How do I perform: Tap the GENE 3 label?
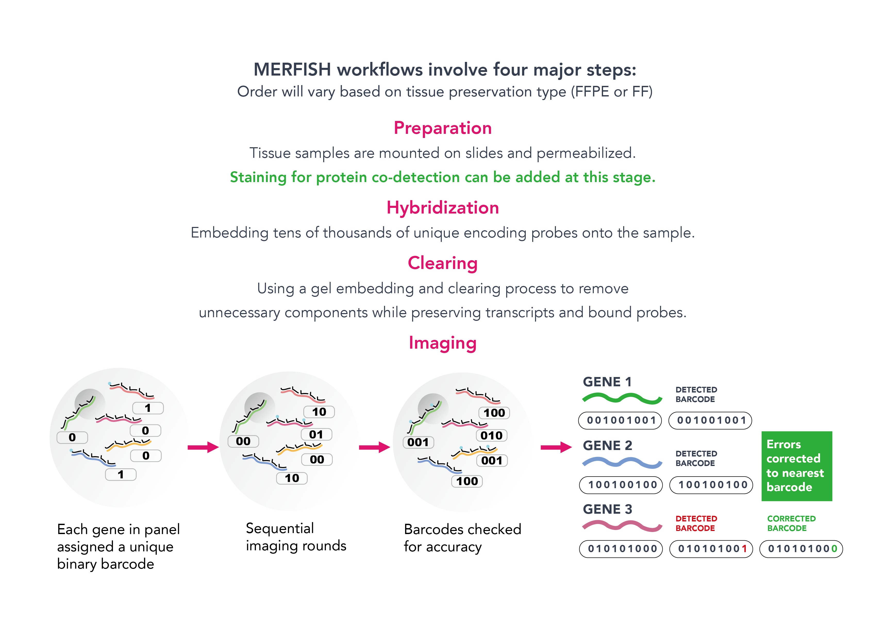pyautogui.click(x=607, y=509)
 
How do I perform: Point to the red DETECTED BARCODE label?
pyautogui.click(x=696, y=523)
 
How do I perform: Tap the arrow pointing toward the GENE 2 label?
pyautogui.click(x=555, y=447)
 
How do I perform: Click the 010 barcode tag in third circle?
pyautogui.click(x=491, y=436)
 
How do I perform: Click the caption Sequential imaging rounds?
pyautogui.click(x=295, y=537)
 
